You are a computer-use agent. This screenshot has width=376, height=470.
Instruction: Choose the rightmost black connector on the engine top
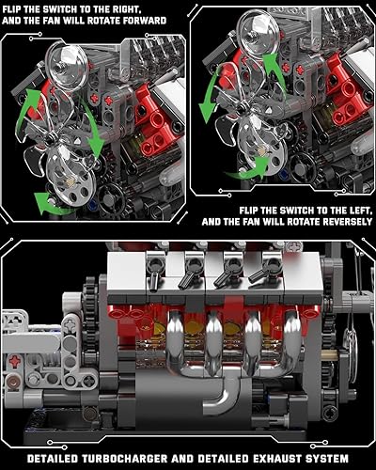[257, 275]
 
